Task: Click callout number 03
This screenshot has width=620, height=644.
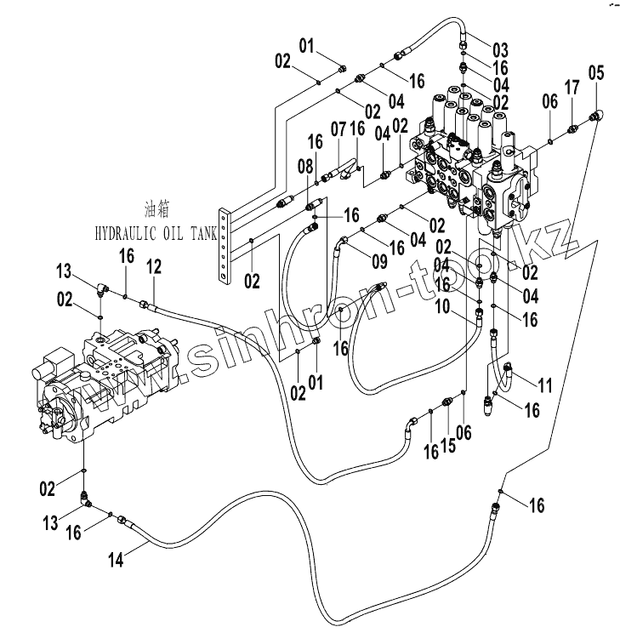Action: tap(500, 50)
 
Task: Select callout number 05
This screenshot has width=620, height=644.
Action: tap(596, 72)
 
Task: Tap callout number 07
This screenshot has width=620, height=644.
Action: tap(338, 129)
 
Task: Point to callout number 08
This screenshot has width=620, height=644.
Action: tap(305, 167)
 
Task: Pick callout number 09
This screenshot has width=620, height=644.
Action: tap(379, 261)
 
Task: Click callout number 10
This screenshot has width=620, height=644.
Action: tap(442, 306)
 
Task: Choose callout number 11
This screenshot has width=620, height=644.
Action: tap(545, 385)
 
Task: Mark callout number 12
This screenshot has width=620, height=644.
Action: tap(154, 267)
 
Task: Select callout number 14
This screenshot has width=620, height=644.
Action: tap(117, 560)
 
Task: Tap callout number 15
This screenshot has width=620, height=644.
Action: tap(449, 445)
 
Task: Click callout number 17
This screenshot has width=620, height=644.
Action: tap(572, 88)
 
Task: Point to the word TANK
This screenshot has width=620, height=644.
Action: tap(203, 234)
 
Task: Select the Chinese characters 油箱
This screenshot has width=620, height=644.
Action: tap(156, 209)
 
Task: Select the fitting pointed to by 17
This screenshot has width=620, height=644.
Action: tap(572, 130)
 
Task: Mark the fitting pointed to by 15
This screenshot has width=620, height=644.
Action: tap(447, 401)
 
